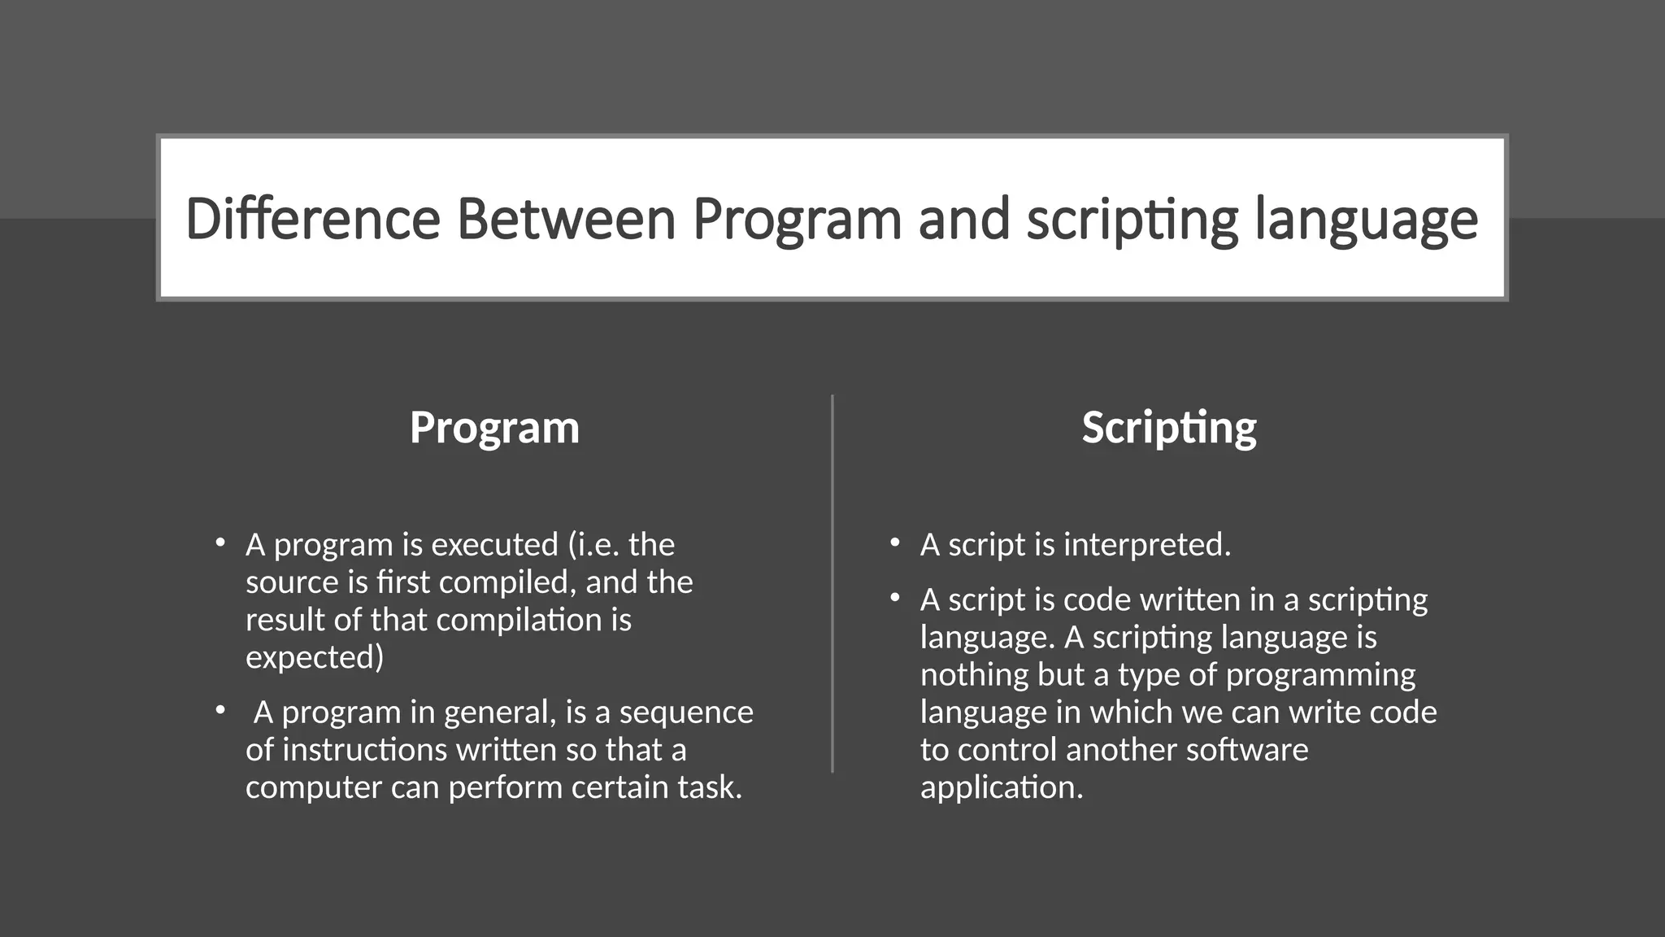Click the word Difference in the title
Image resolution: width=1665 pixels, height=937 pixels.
[x=312, y=220]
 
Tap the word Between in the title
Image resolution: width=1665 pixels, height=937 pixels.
[x=566, y=220]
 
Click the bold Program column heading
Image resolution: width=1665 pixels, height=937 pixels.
[x=494, y=428]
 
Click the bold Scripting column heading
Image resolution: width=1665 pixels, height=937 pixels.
[x=1168, y=428]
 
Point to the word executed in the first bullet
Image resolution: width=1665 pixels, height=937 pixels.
[x=494, y=545]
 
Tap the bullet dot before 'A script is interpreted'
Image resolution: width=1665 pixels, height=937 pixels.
[x=894, y=543]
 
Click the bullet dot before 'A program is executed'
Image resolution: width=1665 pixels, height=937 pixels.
[x=220, y=543]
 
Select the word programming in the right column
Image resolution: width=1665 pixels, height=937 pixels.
[x=1320, y=675]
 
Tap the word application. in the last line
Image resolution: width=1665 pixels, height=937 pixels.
[x=1002, y=787]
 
